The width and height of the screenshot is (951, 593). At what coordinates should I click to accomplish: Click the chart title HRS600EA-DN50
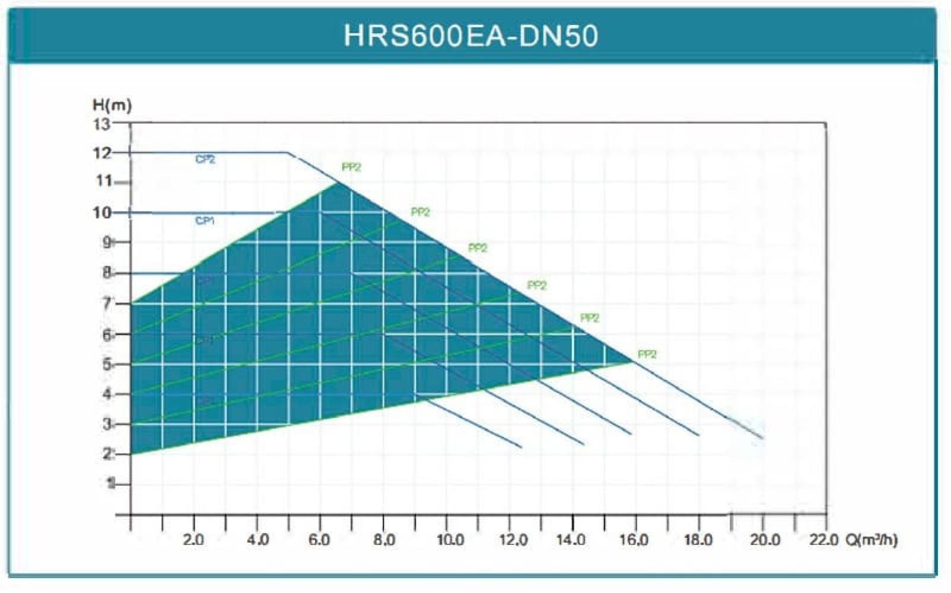470,36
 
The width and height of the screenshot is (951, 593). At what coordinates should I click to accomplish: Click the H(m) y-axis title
112,105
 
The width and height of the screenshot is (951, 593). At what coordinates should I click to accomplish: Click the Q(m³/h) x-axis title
872,540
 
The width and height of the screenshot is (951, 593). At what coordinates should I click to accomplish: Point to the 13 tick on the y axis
102,124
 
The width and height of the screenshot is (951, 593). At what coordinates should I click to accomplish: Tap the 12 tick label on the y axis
102,153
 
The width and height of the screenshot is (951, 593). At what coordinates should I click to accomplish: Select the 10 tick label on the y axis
102,212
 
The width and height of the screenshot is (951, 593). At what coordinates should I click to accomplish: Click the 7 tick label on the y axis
107,304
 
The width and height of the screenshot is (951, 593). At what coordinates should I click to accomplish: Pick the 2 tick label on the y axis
107,454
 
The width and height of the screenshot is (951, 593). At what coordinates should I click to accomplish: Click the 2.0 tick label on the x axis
193,540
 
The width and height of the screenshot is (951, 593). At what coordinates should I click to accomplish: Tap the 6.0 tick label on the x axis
319,540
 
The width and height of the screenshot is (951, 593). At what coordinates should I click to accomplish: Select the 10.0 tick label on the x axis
450,540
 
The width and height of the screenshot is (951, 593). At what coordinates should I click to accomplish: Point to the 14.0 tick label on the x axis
572,540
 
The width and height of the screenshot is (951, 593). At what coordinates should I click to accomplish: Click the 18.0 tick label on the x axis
698,540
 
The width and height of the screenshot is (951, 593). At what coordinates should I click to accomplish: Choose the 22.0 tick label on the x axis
824,540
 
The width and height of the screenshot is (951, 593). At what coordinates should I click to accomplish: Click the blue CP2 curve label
205,160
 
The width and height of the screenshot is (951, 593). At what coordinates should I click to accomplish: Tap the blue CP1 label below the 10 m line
205,221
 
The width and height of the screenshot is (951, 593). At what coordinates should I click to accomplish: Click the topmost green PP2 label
351,168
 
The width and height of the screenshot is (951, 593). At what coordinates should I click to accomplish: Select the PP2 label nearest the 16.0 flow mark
647,355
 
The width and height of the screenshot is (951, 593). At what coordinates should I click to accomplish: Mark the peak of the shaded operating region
338,183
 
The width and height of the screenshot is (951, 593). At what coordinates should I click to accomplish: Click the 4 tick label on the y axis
107,394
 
